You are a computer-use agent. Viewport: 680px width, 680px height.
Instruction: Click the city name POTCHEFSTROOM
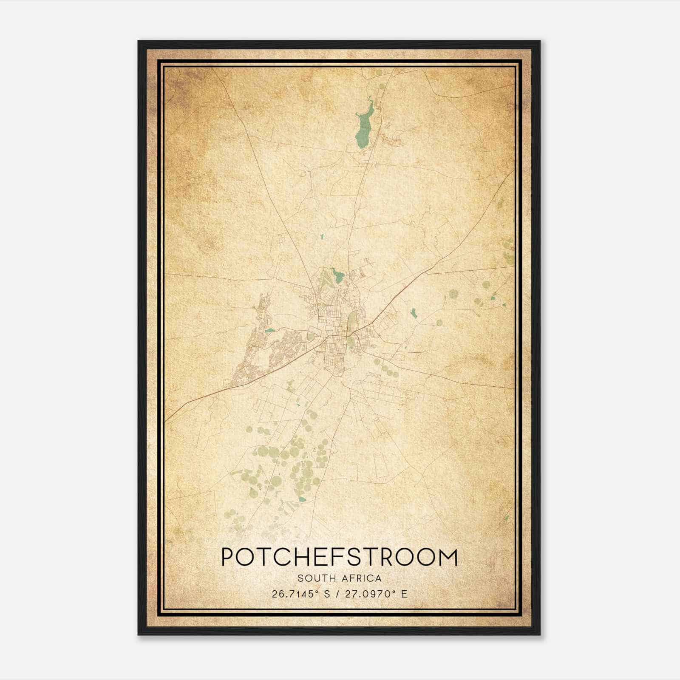point(339,557)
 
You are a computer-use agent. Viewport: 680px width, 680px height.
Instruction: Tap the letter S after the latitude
point(326,594)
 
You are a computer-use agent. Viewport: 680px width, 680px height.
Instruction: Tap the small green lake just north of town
point(338,275)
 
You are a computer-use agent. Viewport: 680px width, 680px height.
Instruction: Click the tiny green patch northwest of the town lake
point(321,236)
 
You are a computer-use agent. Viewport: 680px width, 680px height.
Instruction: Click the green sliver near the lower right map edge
point(506,518)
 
